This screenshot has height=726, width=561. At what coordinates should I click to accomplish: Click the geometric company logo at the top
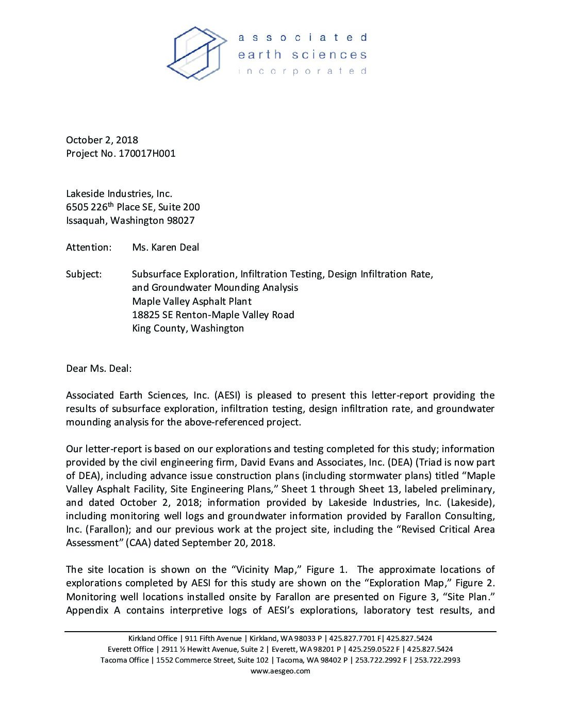click(x=196, y=53)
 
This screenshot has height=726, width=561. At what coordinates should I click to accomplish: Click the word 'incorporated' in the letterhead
click(x=302, y=71)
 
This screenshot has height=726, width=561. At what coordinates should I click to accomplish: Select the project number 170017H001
click(x=147, y=154)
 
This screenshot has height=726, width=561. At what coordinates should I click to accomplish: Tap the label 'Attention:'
click(x=89, y=247)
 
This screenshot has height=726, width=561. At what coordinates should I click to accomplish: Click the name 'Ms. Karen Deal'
click(x=166, y=247)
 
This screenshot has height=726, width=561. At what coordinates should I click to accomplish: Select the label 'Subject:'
click(x=84, y=274)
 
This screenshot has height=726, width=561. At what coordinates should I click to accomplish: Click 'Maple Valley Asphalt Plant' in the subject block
click(x=192, y=302)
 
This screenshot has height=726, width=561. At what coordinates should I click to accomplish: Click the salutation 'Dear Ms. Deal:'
click(x=98, y=369)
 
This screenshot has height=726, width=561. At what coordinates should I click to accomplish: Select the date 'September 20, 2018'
click(x=228, y=543)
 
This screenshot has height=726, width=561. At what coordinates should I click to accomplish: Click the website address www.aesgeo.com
click(x=280, y=671)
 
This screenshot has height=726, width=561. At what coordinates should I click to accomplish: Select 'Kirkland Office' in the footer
click(x=153, y=639)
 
